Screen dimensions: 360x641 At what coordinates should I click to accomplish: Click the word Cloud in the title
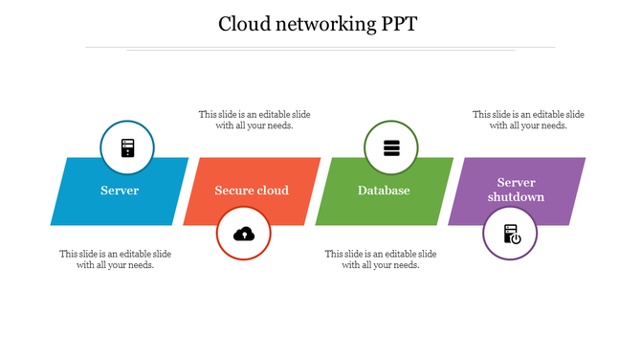(247, 23)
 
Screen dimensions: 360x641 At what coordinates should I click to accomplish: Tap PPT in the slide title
(396, 23)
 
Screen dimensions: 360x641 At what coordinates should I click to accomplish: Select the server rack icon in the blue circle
(127, 148)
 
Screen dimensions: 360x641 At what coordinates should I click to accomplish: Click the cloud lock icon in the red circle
(244, 233)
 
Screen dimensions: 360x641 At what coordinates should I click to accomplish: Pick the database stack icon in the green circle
(390, 148)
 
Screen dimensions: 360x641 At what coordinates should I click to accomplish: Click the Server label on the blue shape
(120, 191)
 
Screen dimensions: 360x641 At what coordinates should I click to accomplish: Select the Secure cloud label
(252, 191)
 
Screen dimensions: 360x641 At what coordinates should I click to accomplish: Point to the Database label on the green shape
(384, 191)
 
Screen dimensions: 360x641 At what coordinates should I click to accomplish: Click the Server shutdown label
(516, 190)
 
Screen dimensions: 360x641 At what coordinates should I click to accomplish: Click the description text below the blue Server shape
(116, 259)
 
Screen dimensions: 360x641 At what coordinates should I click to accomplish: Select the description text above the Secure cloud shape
(254, 120)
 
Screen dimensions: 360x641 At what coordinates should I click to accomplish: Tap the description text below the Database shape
(381, 259)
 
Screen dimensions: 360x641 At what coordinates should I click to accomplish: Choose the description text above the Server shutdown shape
(528, 120)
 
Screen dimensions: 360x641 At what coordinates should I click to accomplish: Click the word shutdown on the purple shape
(516, 197)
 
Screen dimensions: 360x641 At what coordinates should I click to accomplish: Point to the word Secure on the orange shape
(234, 191)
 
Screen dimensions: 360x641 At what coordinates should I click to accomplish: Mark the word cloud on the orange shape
(273, 191)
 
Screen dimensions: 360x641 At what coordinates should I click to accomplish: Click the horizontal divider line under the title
(320, 47)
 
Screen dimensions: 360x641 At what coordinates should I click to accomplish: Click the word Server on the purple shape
(516, 183)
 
